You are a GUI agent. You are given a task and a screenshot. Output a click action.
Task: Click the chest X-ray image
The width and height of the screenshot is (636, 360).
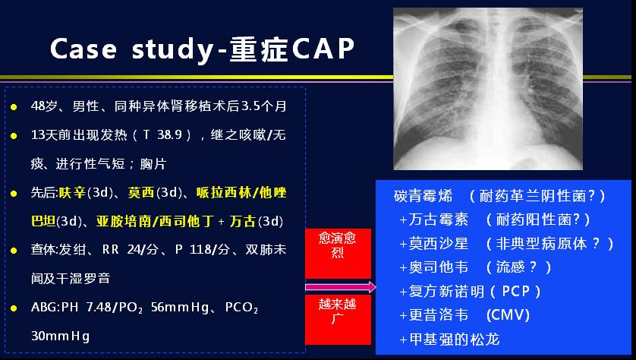point(488,88)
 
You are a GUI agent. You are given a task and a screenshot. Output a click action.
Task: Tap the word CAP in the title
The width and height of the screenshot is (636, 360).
point(323,49)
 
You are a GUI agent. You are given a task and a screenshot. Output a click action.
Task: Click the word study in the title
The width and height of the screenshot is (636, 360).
point(173,50)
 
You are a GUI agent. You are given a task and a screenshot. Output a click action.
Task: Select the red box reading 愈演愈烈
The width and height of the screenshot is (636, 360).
point(338,253)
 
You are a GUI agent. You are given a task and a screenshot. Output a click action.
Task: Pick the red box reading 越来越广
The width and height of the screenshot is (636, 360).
point(338,320)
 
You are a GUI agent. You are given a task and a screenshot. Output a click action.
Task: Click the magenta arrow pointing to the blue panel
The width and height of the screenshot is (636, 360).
point(341,287)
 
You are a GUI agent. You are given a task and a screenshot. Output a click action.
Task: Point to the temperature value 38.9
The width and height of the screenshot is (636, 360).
point(169,134)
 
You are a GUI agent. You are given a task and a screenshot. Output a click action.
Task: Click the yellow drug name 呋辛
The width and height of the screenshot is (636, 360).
point(72,192)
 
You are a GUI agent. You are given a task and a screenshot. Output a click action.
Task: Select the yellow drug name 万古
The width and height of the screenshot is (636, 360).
point(243,221)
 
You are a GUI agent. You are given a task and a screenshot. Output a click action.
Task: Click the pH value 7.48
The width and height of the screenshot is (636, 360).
point(99,308)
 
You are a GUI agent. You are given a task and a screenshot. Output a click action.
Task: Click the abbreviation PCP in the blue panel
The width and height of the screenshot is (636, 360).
point(516,291)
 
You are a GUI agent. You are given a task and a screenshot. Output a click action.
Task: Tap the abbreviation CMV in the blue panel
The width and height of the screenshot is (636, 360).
point(508,315)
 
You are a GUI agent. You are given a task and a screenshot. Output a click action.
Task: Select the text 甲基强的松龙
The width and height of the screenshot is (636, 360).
point(455,339)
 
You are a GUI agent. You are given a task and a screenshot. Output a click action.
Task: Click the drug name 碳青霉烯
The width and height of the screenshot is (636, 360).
point(423,196)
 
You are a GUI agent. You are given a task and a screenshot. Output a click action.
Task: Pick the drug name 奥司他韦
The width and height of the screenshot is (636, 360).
point(439,267)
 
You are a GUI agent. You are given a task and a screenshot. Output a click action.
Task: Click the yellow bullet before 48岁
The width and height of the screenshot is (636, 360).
point(14,107)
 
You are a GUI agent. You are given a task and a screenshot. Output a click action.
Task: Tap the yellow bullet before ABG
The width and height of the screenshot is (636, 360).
point(14,308)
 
